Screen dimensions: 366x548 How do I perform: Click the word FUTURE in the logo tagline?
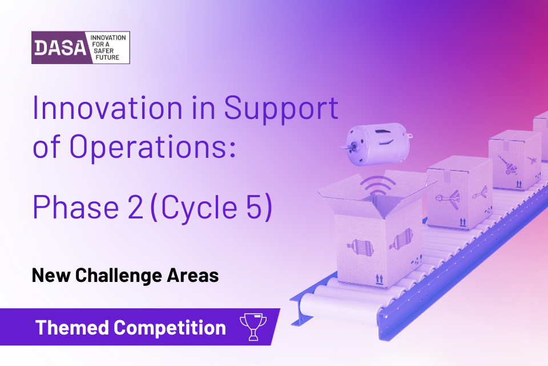coord(105,58)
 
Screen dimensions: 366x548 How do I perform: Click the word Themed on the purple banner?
coord(72,328)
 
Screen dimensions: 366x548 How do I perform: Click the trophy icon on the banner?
coord(252,326)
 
